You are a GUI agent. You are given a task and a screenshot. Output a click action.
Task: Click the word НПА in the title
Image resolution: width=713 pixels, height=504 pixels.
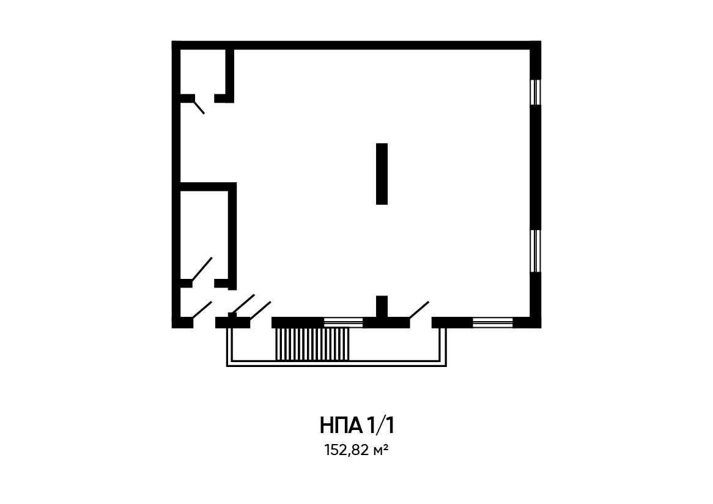(x=341, y=426)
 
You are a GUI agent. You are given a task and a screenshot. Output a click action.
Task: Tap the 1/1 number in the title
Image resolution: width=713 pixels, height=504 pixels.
(x=380, y=426)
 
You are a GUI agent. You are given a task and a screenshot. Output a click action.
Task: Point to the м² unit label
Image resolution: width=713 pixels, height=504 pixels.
(x=380, y=450)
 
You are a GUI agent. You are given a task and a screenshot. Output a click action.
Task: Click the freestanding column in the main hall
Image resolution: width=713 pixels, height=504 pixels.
(x=382, y=174)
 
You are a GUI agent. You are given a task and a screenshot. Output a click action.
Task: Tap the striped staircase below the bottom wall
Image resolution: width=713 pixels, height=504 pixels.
(x=312, y=344)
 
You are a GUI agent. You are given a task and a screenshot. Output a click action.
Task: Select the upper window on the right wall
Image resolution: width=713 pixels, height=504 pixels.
(x=536, y=92)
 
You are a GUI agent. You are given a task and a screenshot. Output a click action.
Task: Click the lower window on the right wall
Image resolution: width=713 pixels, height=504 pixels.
(x=536, y=251)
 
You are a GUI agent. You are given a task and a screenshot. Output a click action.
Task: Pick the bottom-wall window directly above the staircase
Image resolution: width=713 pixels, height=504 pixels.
(x=343, y=322)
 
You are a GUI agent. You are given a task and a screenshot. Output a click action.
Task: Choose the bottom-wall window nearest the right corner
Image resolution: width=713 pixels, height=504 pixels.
(x=492, y=322)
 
